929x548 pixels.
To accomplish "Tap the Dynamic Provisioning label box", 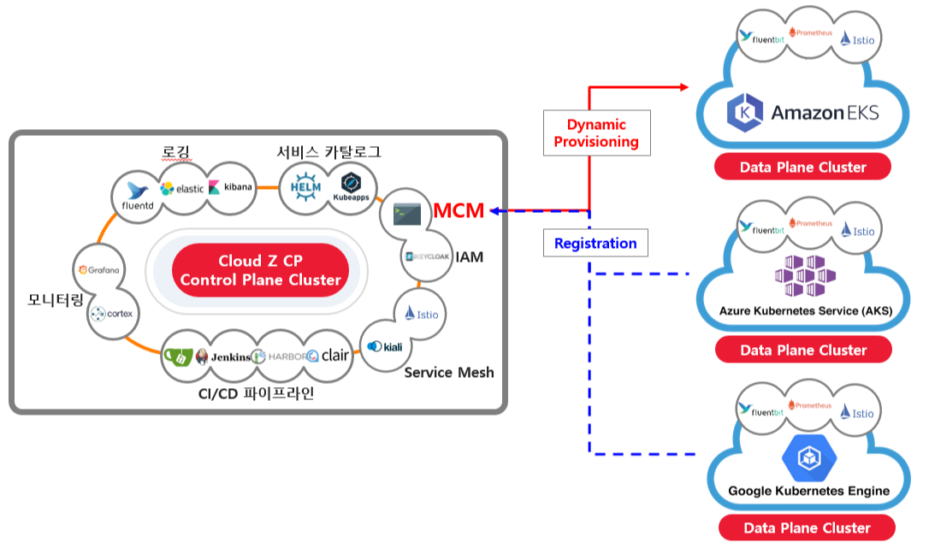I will pos(596,133).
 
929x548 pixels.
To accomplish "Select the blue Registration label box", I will pos(595,244).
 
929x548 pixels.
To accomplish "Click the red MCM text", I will pos(459,210).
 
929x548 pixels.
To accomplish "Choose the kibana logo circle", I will pos(231,186).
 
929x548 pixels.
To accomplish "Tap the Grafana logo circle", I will pos(99,269).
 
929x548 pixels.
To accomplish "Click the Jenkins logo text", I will pos(231,356).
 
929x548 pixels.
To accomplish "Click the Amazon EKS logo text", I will pos(825,113).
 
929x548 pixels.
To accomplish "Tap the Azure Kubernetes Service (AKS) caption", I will pos(805,310).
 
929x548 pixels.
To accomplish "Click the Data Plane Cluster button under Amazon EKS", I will pos(802,167).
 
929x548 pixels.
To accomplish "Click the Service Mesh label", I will pos(449,372).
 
